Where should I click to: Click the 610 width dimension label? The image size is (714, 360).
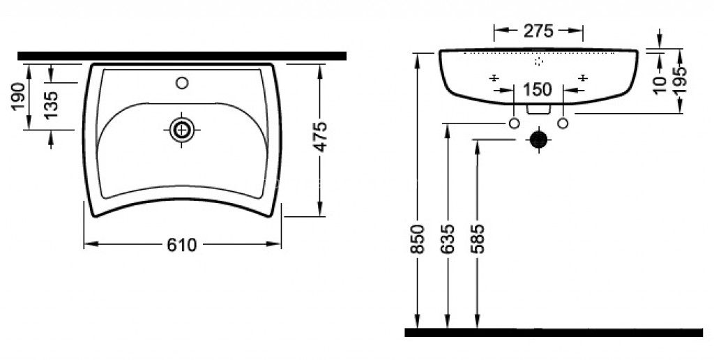[182, 245]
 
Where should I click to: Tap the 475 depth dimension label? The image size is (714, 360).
[321, 136]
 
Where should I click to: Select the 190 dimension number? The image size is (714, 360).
[18, 96]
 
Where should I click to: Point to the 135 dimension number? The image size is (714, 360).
[52, 105]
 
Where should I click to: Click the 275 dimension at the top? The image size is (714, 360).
[538, 31]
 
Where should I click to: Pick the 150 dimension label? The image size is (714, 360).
[538, 90]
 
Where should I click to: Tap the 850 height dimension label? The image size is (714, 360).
[418, 239]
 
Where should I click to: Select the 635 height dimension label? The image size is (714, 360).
[448, 239]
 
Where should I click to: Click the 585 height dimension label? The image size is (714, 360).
[478, 239]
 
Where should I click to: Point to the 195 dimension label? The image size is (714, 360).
[681, 80]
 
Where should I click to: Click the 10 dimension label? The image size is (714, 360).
[660, 85]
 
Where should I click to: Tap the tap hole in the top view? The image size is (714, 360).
[182, 83]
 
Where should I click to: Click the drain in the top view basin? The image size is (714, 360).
[182, 130]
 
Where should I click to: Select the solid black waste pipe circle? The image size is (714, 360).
[539, 140]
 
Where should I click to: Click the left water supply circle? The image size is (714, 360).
[514, 123]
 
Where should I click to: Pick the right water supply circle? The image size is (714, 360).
[563, 123]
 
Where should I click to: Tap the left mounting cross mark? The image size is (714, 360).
[494, 78]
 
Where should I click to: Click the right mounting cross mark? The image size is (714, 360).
[582, 78]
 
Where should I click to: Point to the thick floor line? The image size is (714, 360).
[554, 333]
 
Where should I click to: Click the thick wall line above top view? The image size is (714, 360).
[182, 56]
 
